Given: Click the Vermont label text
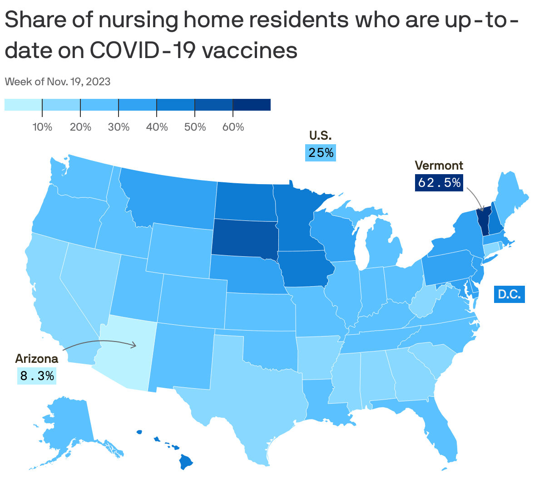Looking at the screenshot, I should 439,166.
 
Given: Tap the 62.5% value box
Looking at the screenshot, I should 439,182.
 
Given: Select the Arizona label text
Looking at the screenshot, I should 37,359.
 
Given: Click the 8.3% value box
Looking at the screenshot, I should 37,376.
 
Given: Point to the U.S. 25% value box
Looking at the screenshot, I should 321,153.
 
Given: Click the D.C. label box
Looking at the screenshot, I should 509,294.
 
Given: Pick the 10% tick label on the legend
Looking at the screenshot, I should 42,127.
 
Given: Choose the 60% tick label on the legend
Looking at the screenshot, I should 233,127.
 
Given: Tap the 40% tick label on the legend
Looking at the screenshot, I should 157,127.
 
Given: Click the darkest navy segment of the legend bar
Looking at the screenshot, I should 252,105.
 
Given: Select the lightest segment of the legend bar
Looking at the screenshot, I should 23,105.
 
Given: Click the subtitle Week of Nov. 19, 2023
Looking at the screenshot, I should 58,82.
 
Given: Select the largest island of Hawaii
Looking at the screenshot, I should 186,463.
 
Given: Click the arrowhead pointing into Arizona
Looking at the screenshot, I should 134,345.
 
